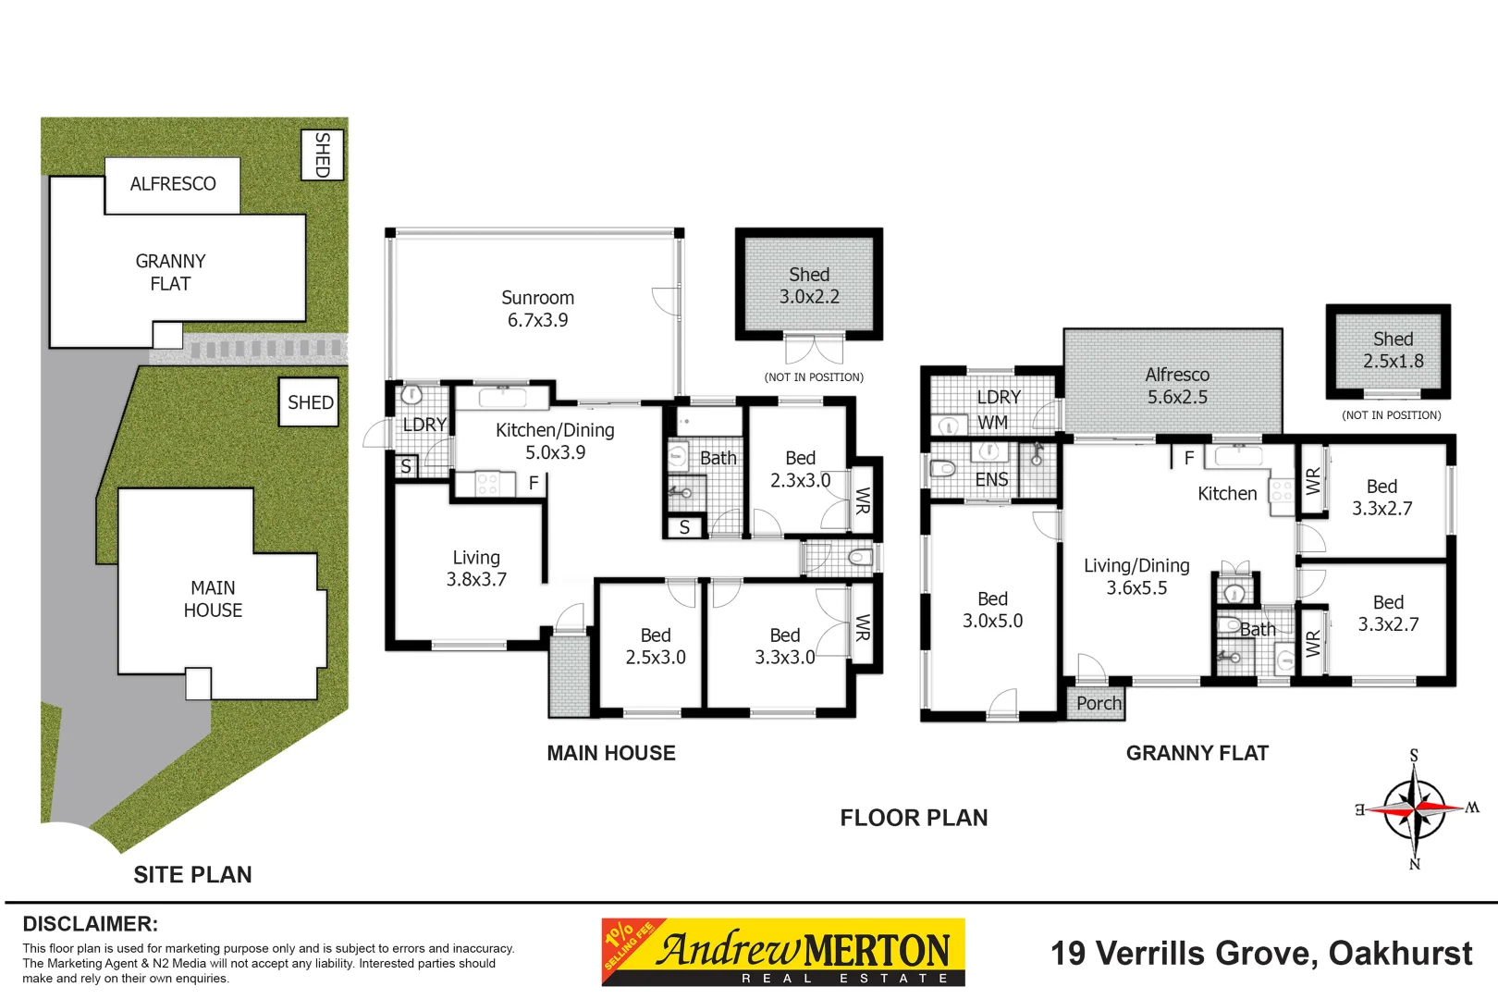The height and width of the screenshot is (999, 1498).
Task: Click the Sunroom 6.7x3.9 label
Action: coord(537,308)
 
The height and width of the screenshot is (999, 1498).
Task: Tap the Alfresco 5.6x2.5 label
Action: coord(1177,386)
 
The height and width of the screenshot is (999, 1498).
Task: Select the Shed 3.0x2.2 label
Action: coord(809,285)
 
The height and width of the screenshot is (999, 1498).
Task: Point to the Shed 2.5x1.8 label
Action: coord(1393,350)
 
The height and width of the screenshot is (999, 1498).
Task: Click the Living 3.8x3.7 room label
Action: coord(476,568)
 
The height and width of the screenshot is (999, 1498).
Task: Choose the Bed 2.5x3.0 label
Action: coord(656,646)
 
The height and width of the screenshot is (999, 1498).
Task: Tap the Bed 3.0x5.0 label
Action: coord(992,610)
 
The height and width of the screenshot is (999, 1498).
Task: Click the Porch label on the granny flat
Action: coord(1099,703)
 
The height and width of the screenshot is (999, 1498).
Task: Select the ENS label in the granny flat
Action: coord(992,480)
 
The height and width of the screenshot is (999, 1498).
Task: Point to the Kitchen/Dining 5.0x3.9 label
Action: coord(555,441)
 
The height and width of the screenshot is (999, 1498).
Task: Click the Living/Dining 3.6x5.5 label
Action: coord(1136,577)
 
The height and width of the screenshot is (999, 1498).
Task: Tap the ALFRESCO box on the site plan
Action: coord(173,185)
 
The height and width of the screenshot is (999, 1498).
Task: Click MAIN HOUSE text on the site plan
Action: coord(213,598)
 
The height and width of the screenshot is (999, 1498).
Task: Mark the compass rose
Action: coord(1415,809)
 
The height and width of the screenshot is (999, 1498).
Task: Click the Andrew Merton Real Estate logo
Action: coord(783,952)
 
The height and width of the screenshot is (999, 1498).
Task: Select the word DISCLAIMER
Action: coord(91,924)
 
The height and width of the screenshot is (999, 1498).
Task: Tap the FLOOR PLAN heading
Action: coord(914,818)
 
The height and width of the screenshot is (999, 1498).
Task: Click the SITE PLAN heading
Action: coord(192,874)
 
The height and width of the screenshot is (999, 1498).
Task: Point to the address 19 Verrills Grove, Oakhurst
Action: coord(1261,954)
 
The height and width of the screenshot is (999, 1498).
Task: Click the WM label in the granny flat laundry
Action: coord(992,423)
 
